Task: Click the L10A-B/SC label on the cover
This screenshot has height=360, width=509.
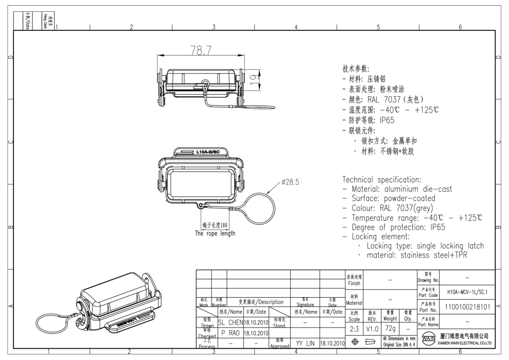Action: [208, 152]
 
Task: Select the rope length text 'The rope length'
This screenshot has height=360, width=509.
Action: [215, 233]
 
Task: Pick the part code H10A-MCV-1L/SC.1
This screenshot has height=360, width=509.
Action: [460, 291]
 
